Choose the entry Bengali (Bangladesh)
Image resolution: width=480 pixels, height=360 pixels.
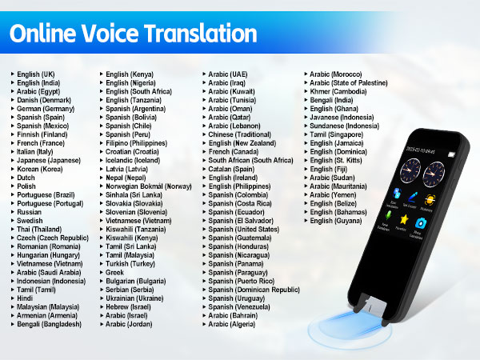tap(49, 325)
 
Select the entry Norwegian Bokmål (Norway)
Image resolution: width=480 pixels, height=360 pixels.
tap(149, 186)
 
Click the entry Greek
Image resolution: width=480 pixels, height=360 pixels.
tap(117, 273)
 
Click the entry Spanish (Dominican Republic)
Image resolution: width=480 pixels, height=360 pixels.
tap(254, 290)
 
